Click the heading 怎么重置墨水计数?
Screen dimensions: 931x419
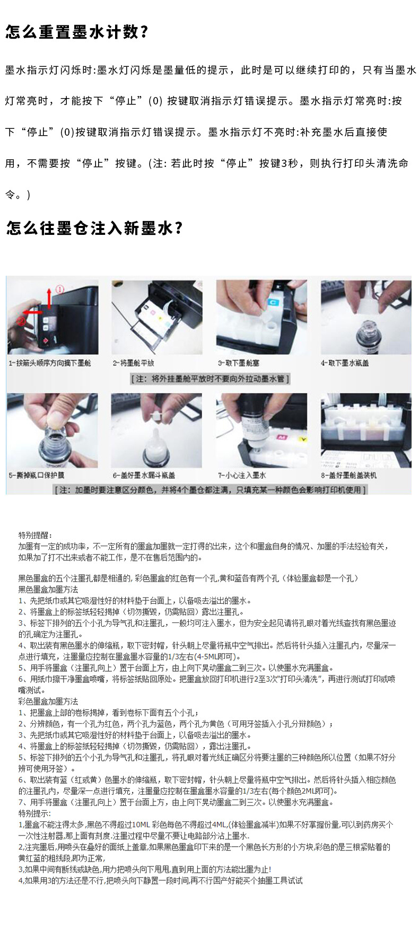[77, 32]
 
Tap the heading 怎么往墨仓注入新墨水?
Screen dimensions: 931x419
[94, 228]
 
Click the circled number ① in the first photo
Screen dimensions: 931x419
[59, 289]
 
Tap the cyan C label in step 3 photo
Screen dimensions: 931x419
[273, 302]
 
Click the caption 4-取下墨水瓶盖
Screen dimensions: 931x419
[345, 363]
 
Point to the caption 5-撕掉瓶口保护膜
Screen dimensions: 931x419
[36, 475]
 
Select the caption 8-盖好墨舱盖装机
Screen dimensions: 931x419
[348, 475]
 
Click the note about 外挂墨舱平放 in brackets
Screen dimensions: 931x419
[210, 379]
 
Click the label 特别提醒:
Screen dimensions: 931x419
[36, 535]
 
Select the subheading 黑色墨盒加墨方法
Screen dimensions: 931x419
[48, 590]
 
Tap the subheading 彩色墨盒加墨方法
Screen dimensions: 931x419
[48, 701]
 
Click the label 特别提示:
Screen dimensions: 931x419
[35, 813]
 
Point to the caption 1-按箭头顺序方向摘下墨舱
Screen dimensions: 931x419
[50, 363]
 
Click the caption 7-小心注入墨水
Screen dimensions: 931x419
[242, 475]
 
